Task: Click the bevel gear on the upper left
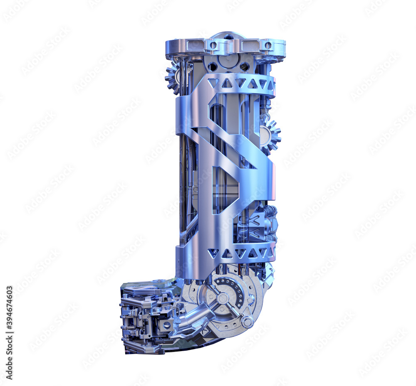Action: pos(172,77)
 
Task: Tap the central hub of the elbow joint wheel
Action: pos(223,298)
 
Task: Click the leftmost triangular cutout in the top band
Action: pos(213,83)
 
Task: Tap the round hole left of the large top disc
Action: pos(213,66)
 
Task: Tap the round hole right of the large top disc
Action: pos(245,66)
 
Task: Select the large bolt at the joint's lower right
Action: pos(247,322)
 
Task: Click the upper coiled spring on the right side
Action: pos(270,211)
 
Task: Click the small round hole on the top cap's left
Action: pos(213,45)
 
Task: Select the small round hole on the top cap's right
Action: pos(268,45)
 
